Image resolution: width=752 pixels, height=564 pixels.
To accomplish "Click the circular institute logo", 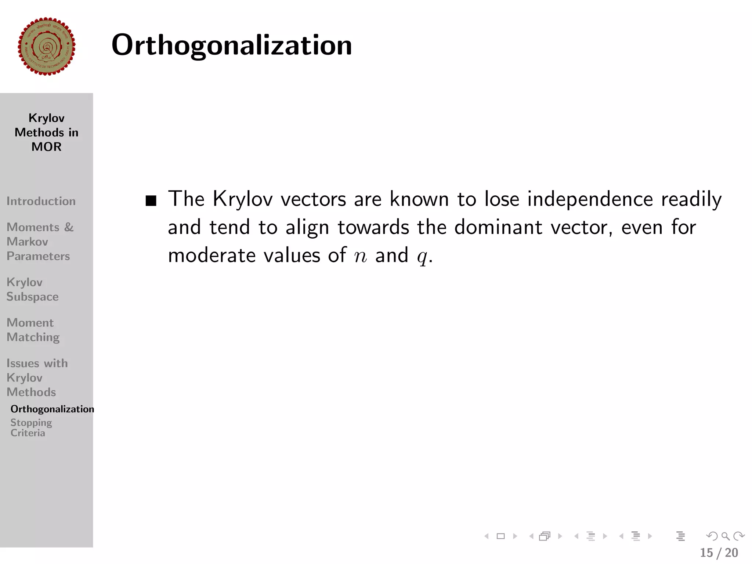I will click(x=47, y=47).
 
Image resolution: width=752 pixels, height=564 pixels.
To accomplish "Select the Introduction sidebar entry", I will click(x=41, y=201).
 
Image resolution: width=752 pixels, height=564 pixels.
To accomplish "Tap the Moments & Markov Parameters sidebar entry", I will click(x=40, y=241).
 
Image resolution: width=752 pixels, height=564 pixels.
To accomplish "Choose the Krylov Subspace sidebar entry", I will click(x=32, y=289).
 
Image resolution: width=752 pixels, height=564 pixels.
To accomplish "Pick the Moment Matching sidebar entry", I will click(x=33, y=330).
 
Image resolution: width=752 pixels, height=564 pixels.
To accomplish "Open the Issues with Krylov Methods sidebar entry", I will click(x=37, y=377).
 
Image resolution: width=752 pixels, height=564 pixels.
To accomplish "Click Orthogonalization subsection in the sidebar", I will click(x=52, y=409).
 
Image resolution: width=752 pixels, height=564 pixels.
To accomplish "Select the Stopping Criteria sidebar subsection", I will click(x=31, y=428).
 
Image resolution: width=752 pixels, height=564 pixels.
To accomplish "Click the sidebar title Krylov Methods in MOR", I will click(x=47, y=132).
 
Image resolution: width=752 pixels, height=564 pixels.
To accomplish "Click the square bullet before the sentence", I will click(x=151, y=201).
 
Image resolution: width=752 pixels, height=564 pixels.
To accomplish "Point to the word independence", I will click(x=590, y=199).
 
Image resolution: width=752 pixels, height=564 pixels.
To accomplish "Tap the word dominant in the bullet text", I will click(x=498, y=227).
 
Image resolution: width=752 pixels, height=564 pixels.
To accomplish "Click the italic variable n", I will click(x=361, y=256).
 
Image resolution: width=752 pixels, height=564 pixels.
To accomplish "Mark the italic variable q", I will click(x=422, y=257).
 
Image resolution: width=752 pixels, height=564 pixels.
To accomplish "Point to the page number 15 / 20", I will click(x=719, y=553).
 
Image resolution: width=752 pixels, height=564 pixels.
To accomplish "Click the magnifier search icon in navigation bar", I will click(x=725, y=536).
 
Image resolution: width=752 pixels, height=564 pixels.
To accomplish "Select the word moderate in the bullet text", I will click(x=211, y=255).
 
